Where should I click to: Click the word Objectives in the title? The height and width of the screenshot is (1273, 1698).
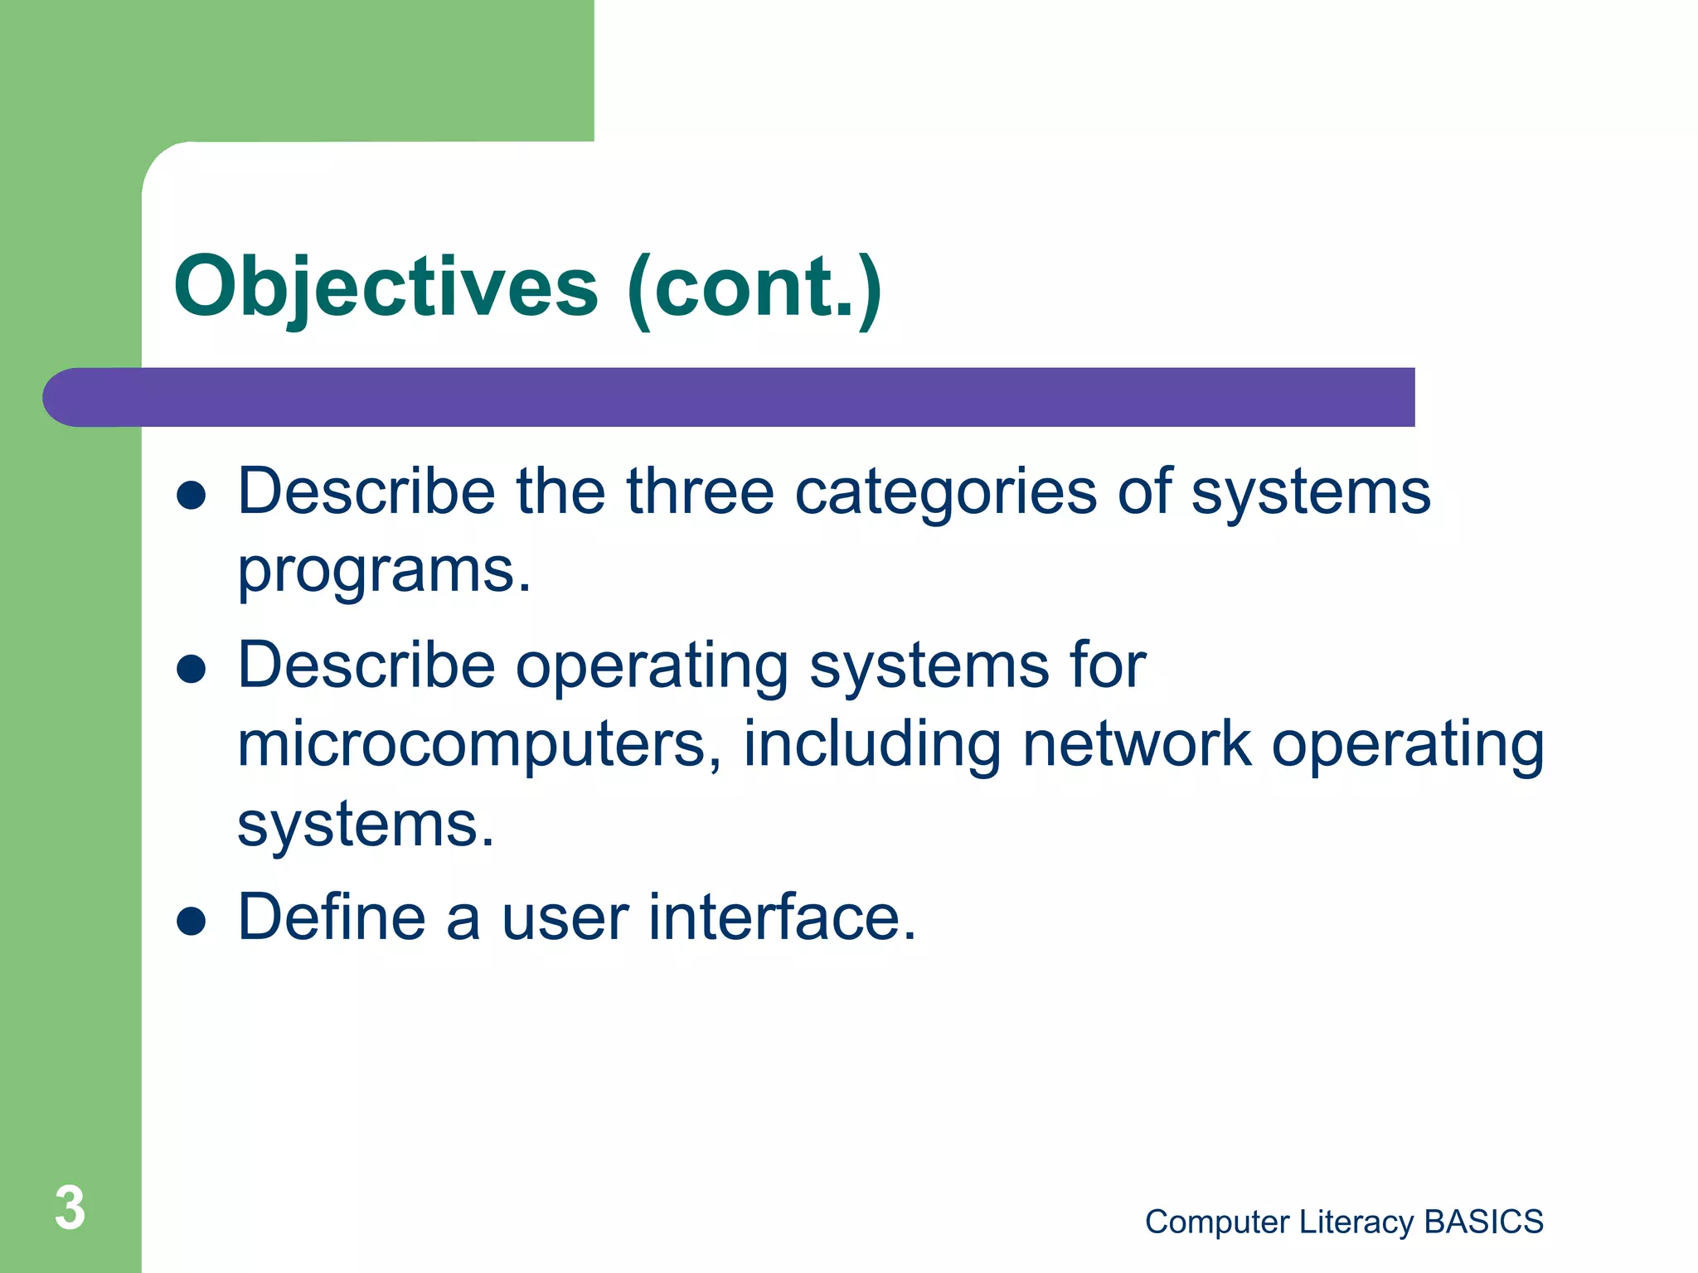tap(386, 288)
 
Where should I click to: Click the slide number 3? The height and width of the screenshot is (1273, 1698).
tap(70, 1208)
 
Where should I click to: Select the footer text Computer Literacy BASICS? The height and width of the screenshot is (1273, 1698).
tap(1343, 1222)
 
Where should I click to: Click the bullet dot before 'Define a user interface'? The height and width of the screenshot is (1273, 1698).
tap(192, 920)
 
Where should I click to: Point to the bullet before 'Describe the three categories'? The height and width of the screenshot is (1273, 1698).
tap(192, 495)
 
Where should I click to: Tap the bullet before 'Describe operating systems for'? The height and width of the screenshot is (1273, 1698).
tap(192, 669)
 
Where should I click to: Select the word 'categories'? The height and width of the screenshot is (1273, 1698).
tap(946, 493)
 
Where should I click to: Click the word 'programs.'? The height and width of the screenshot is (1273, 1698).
tap(384, 572)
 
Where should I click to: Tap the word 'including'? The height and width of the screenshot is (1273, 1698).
tap(871, 744)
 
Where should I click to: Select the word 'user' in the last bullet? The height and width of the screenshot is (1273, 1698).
tap(565, 919)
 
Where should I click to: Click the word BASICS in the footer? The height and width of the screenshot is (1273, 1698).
tap(1483, 1222)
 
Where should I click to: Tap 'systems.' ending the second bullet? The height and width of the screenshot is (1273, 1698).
tap(366, 825)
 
